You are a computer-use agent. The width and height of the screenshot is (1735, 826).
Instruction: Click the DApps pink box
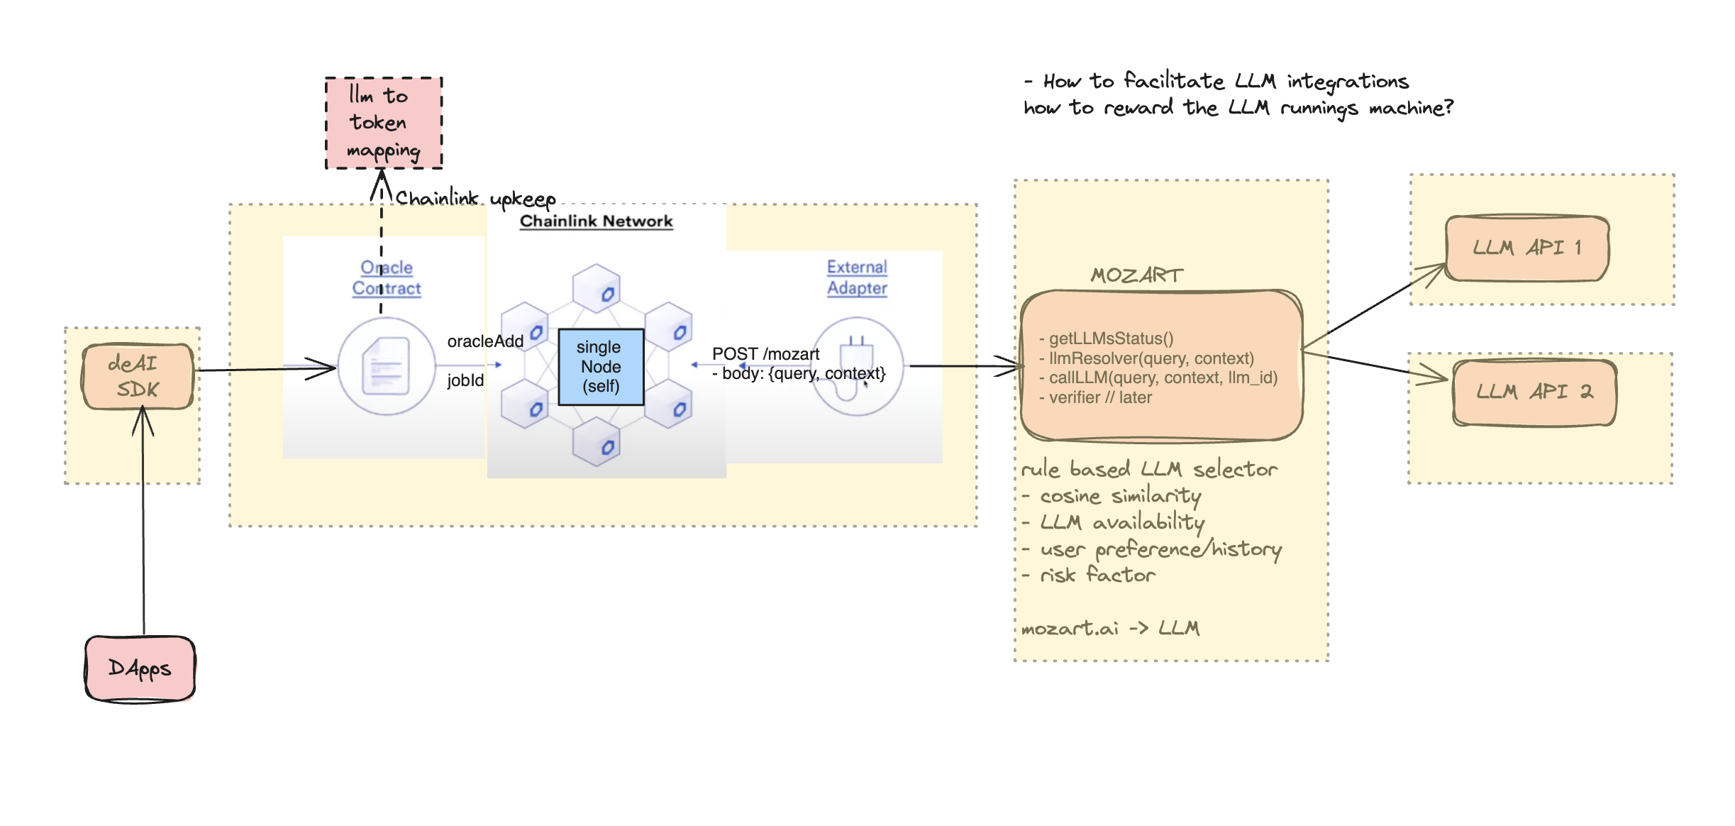(x=140, y=668)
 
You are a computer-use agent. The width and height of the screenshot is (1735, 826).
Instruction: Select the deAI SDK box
(x=138, y=376)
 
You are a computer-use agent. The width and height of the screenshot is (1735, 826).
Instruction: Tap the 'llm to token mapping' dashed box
(x=384, y=123)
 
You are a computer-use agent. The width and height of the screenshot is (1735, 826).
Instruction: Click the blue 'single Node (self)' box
(x=601, y=367)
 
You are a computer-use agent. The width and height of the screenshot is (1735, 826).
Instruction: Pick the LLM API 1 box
(x=1526, y=248)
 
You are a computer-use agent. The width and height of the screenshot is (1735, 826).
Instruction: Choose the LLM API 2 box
(x=1534, y=392)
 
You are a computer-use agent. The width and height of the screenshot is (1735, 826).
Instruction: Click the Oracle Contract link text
(x=387, y=277)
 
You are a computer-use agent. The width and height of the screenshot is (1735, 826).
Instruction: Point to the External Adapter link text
(x=857, y=277)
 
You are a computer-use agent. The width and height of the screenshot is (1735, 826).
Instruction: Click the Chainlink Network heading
(x=596, y=221)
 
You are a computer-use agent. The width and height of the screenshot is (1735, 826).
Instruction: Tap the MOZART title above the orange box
(x=1136, y=275)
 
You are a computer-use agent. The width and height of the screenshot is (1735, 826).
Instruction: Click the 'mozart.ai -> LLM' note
(x=1110, y=628)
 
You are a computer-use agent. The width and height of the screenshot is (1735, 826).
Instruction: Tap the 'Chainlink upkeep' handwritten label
(x=475, y=198)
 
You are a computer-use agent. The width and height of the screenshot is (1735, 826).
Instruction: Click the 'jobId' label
(x=465, y=380)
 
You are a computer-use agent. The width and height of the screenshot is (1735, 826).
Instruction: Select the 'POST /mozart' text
(x=765, y=353)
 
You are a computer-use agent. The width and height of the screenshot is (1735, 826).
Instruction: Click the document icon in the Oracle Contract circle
(x=386, y=366)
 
